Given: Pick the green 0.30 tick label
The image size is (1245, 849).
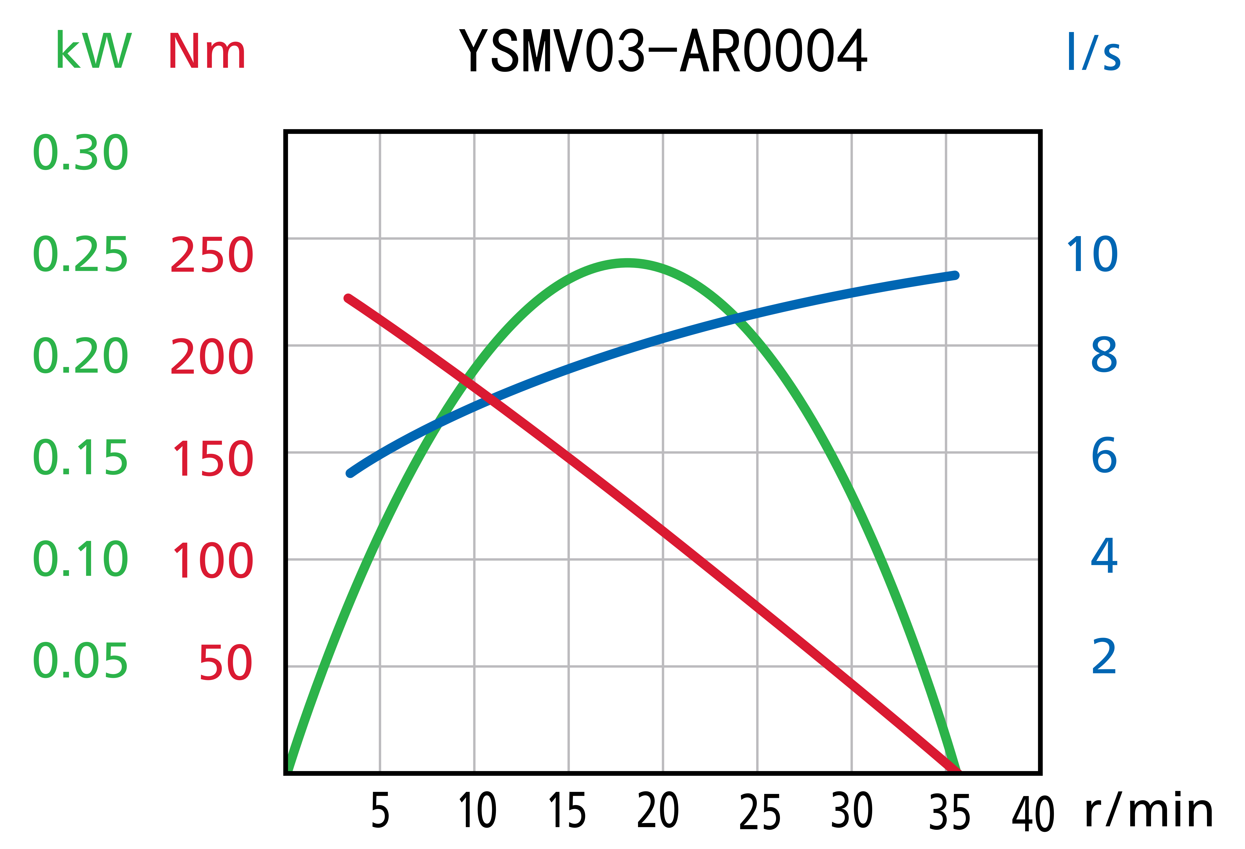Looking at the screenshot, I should (80, 153).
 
